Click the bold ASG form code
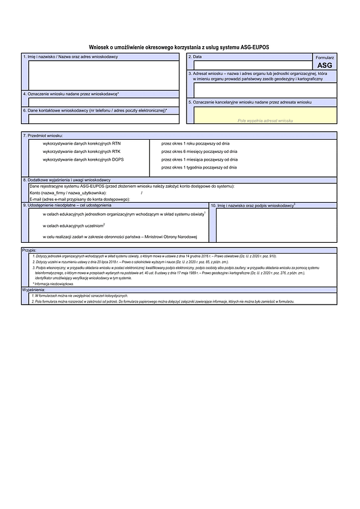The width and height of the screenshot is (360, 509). click(324, 65)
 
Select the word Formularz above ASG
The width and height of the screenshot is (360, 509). click(324, 56)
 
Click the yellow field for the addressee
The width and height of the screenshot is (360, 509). click(264, 115)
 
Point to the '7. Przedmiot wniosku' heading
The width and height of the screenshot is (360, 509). click(47, 136)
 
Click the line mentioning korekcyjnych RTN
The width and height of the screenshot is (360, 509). click(82, 144)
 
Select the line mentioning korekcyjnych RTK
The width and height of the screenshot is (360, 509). click(82, 152)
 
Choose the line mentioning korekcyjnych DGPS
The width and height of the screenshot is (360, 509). click(83, 159)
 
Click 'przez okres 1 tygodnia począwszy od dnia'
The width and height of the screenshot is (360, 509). click(200, 167)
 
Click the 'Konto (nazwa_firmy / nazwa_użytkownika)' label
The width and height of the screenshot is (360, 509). click(68, 193)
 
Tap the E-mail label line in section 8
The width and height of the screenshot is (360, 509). click(79, 199)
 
